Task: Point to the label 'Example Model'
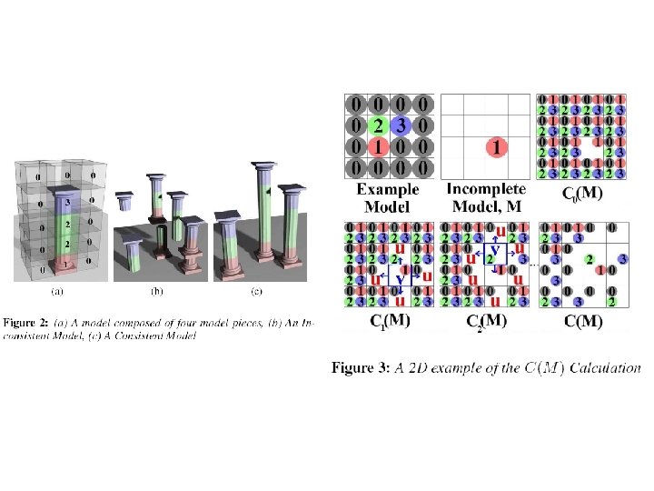[388, 196]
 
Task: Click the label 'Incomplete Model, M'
[487, 196]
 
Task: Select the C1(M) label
[388, 319]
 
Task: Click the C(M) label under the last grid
[582, 320]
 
